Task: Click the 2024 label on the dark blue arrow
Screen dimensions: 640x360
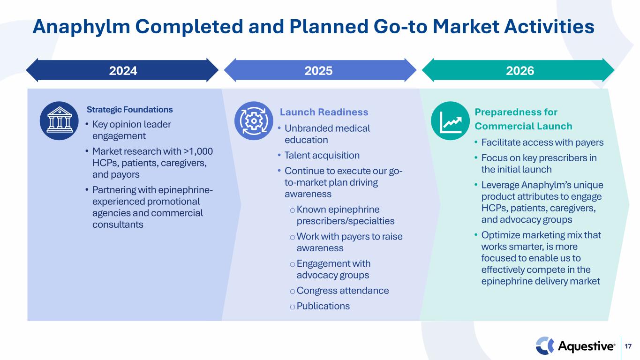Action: [123, 71]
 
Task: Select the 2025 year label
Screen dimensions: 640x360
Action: [318, 71]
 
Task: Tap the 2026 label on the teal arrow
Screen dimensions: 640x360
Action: [520, 71]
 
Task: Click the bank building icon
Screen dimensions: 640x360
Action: [60, 120]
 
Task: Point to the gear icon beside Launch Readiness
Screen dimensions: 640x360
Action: [254, 120]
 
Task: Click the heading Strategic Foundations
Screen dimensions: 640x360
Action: [130, 109]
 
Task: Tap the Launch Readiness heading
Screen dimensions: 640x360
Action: [324, 112]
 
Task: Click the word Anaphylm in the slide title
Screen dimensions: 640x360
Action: [82, 27]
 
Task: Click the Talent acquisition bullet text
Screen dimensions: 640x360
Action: [322, 155]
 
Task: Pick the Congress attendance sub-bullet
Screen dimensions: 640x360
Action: [343, 290]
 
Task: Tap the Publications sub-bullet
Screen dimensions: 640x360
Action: [323, 306]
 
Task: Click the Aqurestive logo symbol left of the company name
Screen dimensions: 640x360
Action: [545, 346]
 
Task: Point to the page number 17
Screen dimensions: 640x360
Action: [628, 346]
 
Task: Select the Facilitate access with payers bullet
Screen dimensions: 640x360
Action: [542, 142]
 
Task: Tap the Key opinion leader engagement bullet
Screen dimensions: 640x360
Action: [131, 130]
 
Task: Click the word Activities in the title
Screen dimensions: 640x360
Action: [549, 27]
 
